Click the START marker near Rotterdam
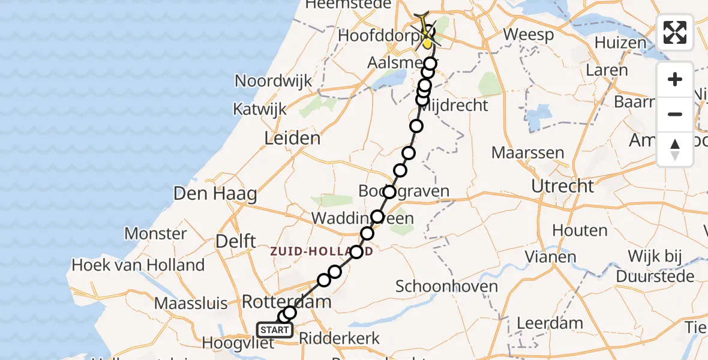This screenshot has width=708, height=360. tap(275, 329)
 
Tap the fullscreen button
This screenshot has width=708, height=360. tap(675, 32)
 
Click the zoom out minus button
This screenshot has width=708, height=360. tap(675, 114)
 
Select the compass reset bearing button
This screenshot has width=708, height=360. tap(675, 149)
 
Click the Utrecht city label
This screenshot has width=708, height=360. tap(562, 187)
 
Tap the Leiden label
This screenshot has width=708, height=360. tap(292, 139)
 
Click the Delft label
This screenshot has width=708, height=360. tap(236, 242)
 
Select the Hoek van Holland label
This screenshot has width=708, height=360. tap(138, 265)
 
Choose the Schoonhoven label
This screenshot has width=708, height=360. tap(447, 286)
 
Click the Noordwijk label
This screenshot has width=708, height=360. tap(274, 81)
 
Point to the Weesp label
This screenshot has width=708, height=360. tap(528, 34)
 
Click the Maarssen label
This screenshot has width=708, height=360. tap(527, 153)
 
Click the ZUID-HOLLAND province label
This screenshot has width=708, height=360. tap(322, 252)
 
